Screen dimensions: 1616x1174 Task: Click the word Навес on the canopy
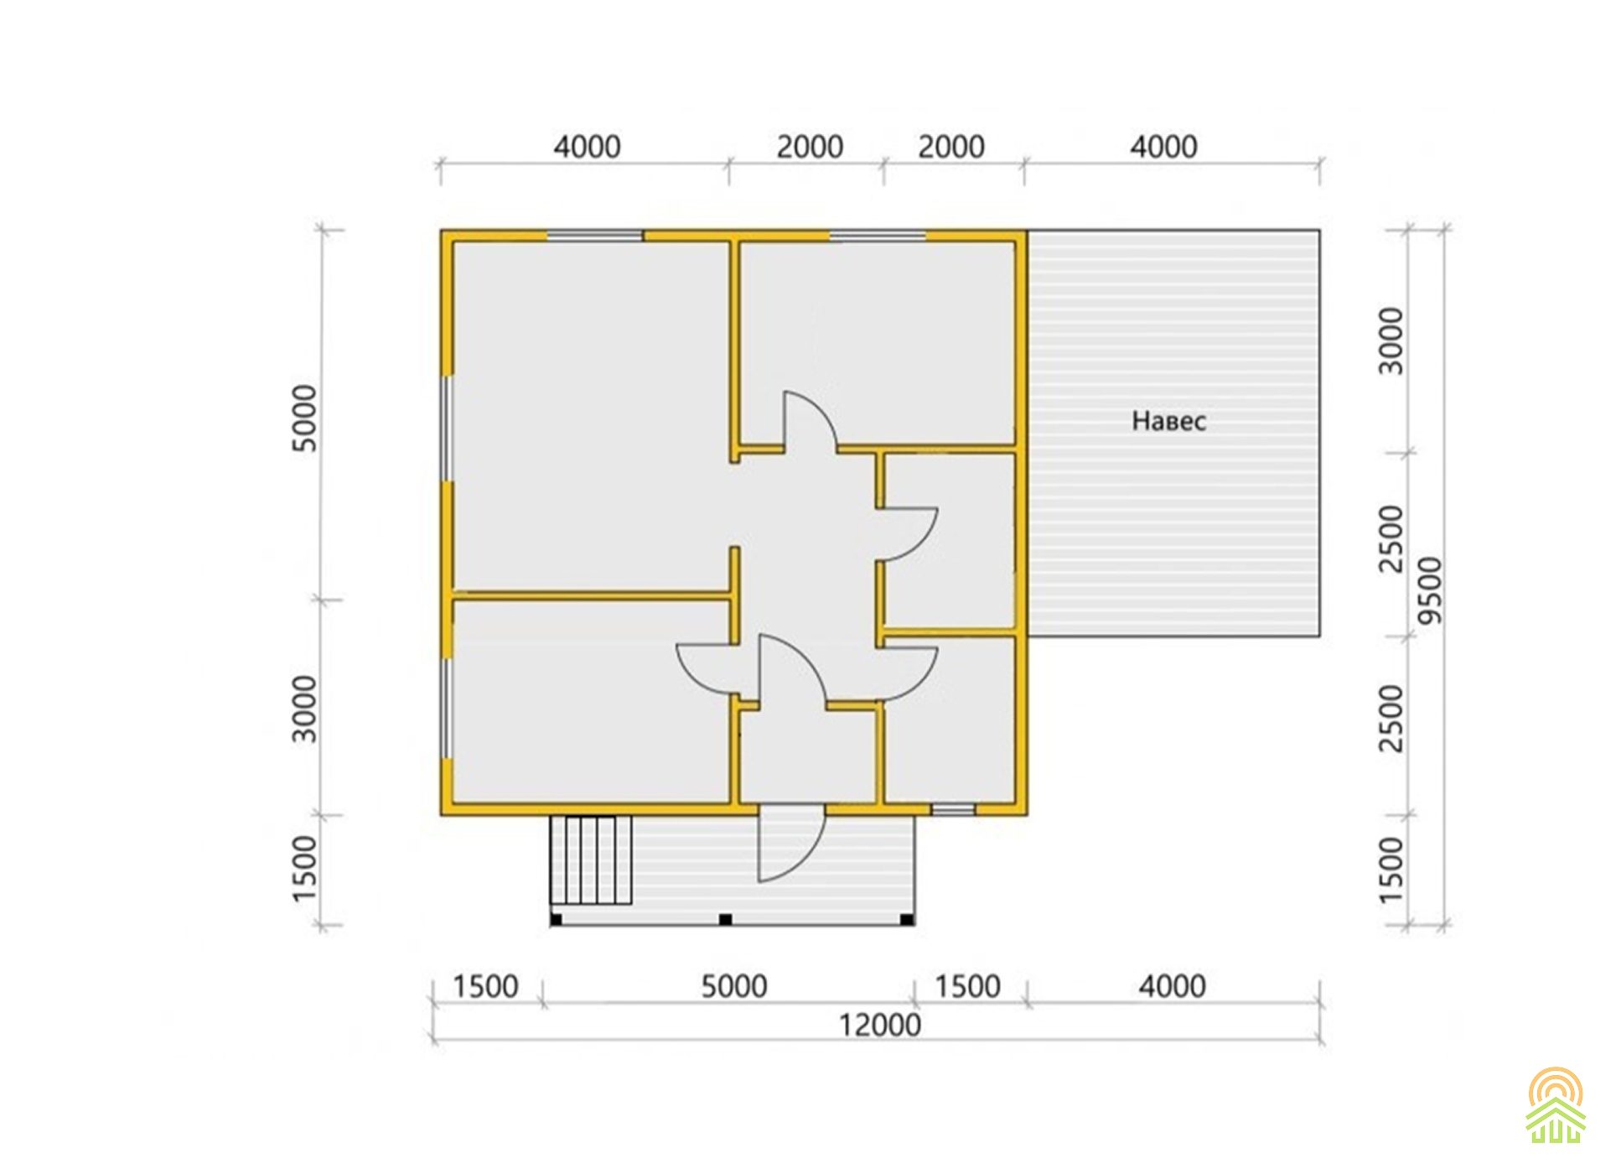pyautogui.click(x=1168, y=420)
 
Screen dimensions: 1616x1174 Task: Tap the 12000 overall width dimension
pyautogui.click(x=880, y=1025)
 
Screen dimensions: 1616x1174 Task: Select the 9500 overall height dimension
pyautogui.click(x=1431, y=590)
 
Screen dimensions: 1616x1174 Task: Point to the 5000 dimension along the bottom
pyautogui.click(x=734, y=986)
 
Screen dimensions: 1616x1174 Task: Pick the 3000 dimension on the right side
pyautogui.click(x=1391, y=341)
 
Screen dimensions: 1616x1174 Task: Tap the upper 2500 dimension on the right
pyautogui.click(x=1391, y=538)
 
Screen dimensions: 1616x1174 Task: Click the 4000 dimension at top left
pyautogui.click(x=587, y=147)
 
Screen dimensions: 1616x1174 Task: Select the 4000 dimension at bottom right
pyautogui.click(x=1172, y=986)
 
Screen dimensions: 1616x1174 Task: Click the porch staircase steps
pyautogui.click(x=590, y=860)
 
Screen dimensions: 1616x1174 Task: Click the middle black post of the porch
pyautogui.click(x=726, y=920)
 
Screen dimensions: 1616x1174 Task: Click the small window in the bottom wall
pyautogui.click(x=954, y=810)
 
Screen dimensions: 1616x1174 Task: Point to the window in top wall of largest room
pyautogui.click(x=595, y=236)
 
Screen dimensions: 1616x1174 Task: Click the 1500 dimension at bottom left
pyautogui.click(x=485, y=986)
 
